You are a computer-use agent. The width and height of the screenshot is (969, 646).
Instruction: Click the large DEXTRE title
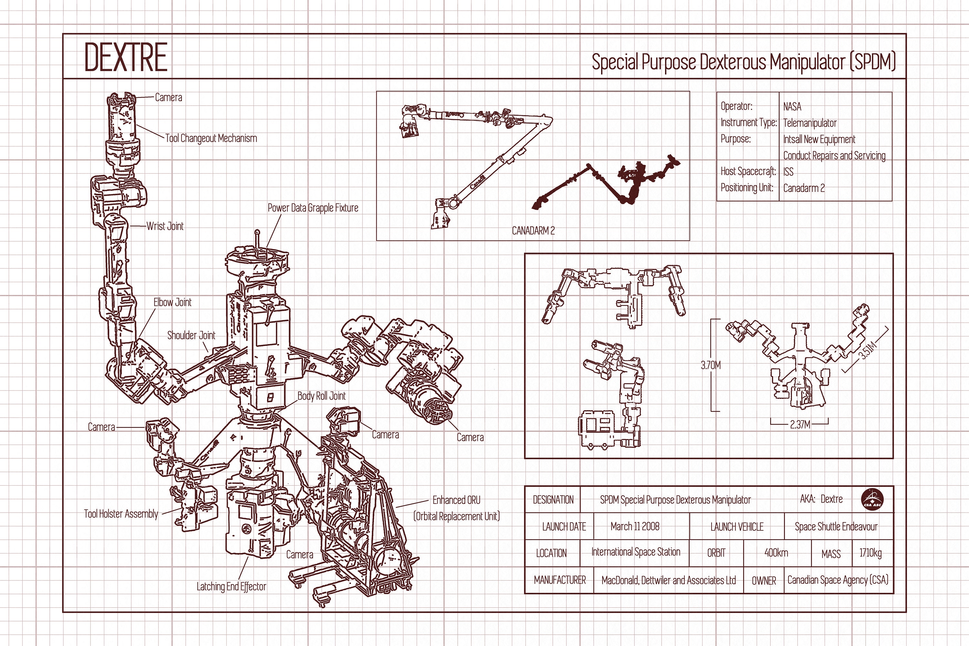click(126, 57)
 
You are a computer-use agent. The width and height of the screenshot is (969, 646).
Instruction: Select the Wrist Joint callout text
click(165, 226)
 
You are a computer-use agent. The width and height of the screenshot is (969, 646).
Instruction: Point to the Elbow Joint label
click(172, 302)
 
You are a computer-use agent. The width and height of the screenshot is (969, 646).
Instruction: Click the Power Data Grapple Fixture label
click(313, 208)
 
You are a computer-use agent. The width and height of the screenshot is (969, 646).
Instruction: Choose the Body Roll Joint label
click(321, 396)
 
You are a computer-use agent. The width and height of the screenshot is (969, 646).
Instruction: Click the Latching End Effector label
click(231, 587)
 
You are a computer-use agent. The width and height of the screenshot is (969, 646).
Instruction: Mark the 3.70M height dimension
click(711, 365)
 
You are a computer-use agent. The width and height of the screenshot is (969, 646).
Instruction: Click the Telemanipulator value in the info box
click(809, 123)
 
